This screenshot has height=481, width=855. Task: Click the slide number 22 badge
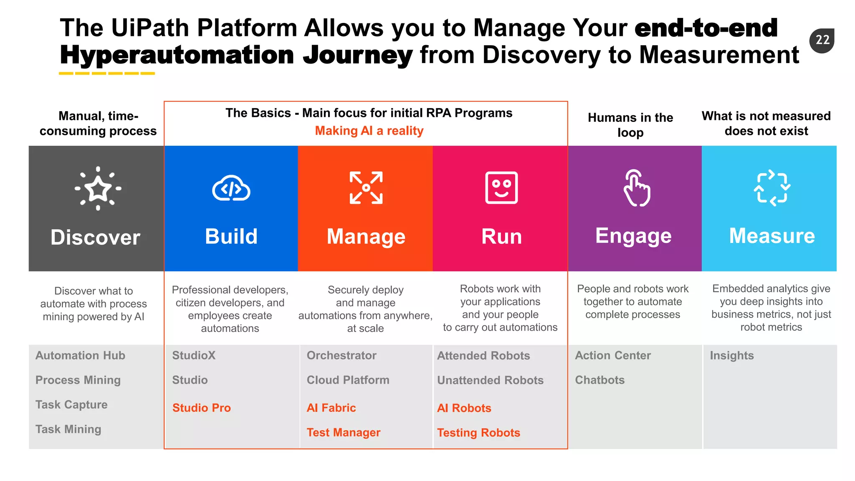(822, 40)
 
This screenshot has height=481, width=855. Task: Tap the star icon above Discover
(98, 188)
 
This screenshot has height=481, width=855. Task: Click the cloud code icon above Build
(231, 188)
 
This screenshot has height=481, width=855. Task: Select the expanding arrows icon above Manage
(366, 187)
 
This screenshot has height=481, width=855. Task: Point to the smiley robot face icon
(501, 187)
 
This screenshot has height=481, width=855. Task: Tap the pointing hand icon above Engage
(636, 188)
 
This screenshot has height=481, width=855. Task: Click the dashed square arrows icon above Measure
(772, 188)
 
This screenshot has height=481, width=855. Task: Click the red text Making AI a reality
(369, 131)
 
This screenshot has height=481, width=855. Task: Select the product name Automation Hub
(80, 355)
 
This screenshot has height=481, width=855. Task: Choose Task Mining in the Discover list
(68, 429)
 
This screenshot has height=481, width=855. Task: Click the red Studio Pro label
(201, 408)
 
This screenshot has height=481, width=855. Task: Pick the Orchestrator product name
(341, 355)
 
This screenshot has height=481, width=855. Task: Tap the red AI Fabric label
(331, 408)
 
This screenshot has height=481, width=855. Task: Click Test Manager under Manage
(343, 433)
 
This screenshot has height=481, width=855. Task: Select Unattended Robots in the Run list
(490, 380)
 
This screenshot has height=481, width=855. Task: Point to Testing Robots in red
(478, 433)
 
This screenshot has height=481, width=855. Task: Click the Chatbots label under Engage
(600, 380)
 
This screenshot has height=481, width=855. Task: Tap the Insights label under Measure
(731, 355)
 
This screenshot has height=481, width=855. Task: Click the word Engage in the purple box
(633, 236)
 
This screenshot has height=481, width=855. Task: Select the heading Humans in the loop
(630, 125)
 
